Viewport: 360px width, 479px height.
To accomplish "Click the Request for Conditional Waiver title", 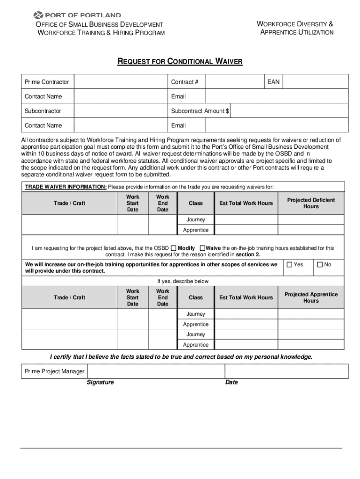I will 180,62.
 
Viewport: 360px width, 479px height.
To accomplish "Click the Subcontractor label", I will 43,111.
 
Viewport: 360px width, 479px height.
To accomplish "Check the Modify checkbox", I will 173,248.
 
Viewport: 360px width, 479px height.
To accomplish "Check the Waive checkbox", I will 202,248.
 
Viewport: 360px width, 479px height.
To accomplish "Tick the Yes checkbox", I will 289,265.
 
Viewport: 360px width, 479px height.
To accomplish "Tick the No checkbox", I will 320,265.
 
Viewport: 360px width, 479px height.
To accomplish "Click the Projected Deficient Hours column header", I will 311,203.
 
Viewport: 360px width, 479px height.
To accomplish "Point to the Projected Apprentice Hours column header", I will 311,298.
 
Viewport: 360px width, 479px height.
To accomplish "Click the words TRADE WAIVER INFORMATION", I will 65,187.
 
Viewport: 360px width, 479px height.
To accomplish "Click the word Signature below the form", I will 100,382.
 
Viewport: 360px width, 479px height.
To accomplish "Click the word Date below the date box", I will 231,382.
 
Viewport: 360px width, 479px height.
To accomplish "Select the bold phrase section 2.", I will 248,254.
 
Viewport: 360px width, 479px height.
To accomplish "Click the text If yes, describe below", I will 183,281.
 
